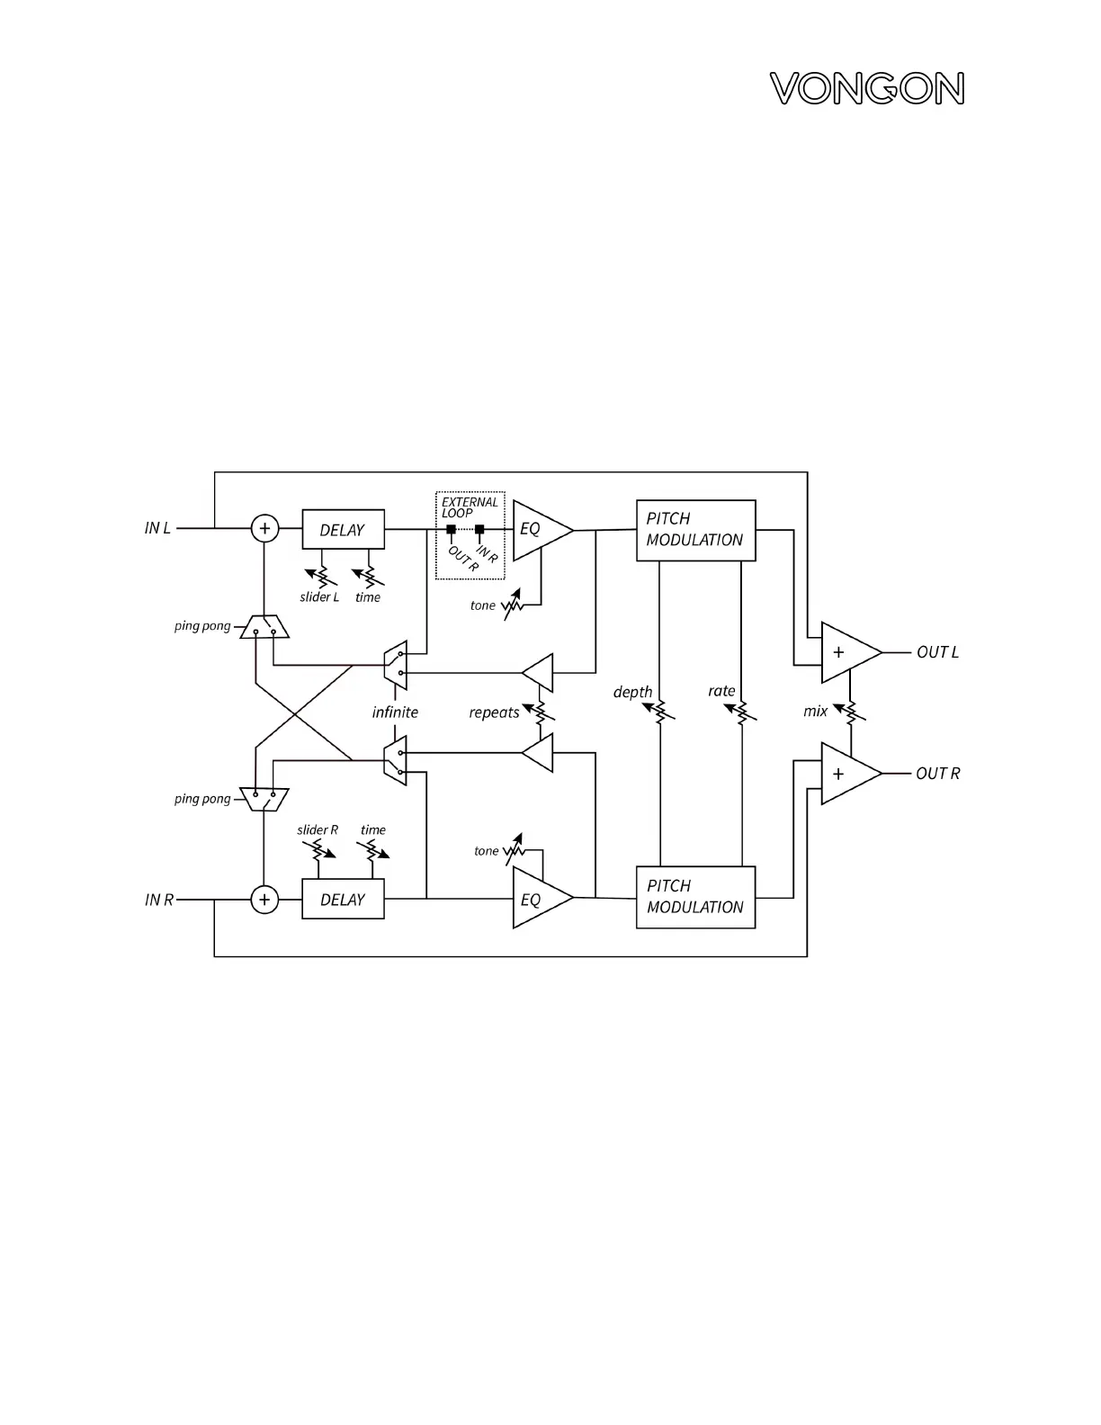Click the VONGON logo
tap(867, 89)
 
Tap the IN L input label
tap(157, 528)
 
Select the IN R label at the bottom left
tap(159, 900)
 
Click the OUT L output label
tap(937, 652)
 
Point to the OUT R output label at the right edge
tap(937, 774)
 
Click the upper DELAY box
tap(343, 530)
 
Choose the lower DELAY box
tap(343, 900)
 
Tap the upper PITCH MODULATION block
tap(695, 530)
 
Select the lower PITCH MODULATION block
tap(695, 897)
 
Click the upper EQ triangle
tap(537, 530)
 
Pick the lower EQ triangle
tap(537, 899)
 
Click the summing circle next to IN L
tap(264, 528)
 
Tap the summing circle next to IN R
tap(264, 900)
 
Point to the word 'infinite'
tap(395, 712)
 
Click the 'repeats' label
tap(494, 712)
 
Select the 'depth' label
tap(632, 692)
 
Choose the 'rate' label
tap(721, 691)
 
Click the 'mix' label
tap(815, 712)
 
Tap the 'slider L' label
tap(319, 597)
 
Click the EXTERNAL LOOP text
tap(469, 507)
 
